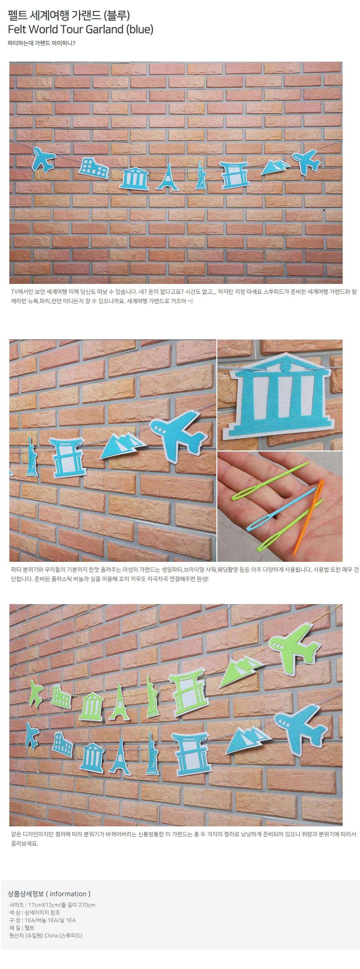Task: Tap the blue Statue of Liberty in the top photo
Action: pyautogui.click(x=200, y=175)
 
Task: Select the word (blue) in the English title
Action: pyautogui.click(x=140, y=29)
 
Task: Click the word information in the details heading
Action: pyautogui.click(x=68, y=894)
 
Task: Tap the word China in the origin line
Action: pyautogui.click(x=51, y=936)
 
